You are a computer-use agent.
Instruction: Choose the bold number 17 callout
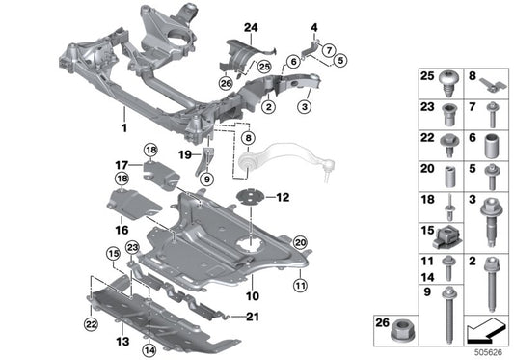point(122,164)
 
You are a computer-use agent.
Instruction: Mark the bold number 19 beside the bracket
point(183,153)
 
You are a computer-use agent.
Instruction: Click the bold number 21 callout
point(253,317)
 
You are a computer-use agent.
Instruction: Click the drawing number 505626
point(490,351)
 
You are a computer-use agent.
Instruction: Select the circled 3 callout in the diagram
point(305,106)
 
